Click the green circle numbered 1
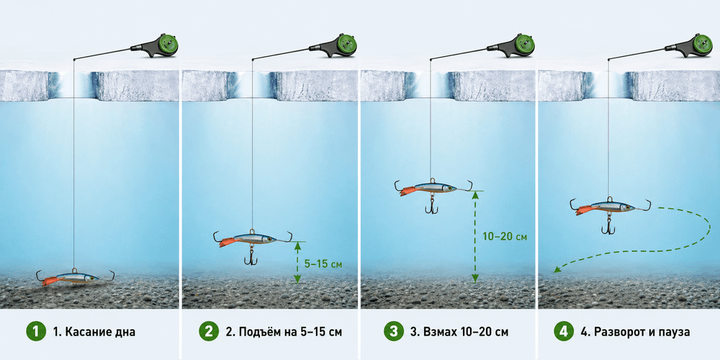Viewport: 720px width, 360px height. click(36, 331)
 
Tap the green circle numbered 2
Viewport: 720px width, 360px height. click(209, 331)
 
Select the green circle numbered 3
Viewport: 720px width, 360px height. click(394, 331)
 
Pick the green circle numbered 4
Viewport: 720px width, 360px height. click(564, 331)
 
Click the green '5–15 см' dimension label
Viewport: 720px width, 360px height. click(323, 264)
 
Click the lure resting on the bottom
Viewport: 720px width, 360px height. click(76, 278)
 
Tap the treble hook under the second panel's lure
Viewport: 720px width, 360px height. click(251, 256)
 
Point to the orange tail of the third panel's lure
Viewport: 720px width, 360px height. click(408, 191)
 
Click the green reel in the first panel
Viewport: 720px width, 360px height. click(168, 45)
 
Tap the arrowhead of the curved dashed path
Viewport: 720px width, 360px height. click(557, 270)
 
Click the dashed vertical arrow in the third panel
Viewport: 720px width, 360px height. click(475, 237)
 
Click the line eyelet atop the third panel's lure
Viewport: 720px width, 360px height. click(431, 181)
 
